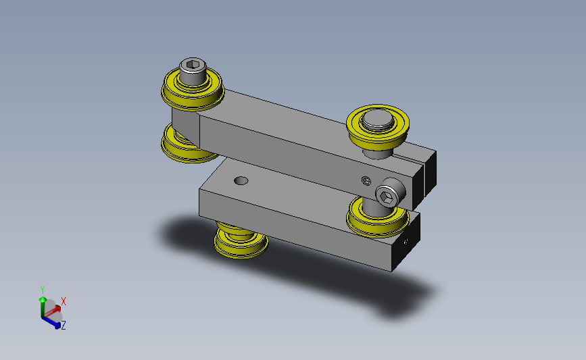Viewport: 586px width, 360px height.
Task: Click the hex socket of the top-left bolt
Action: coord(193,65)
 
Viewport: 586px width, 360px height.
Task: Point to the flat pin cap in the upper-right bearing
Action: coord(378,119)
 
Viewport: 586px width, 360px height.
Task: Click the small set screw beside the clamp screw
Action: coord(366,181)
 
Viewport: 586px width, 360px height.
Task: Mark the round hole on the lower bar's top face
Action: coord(241,181)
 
